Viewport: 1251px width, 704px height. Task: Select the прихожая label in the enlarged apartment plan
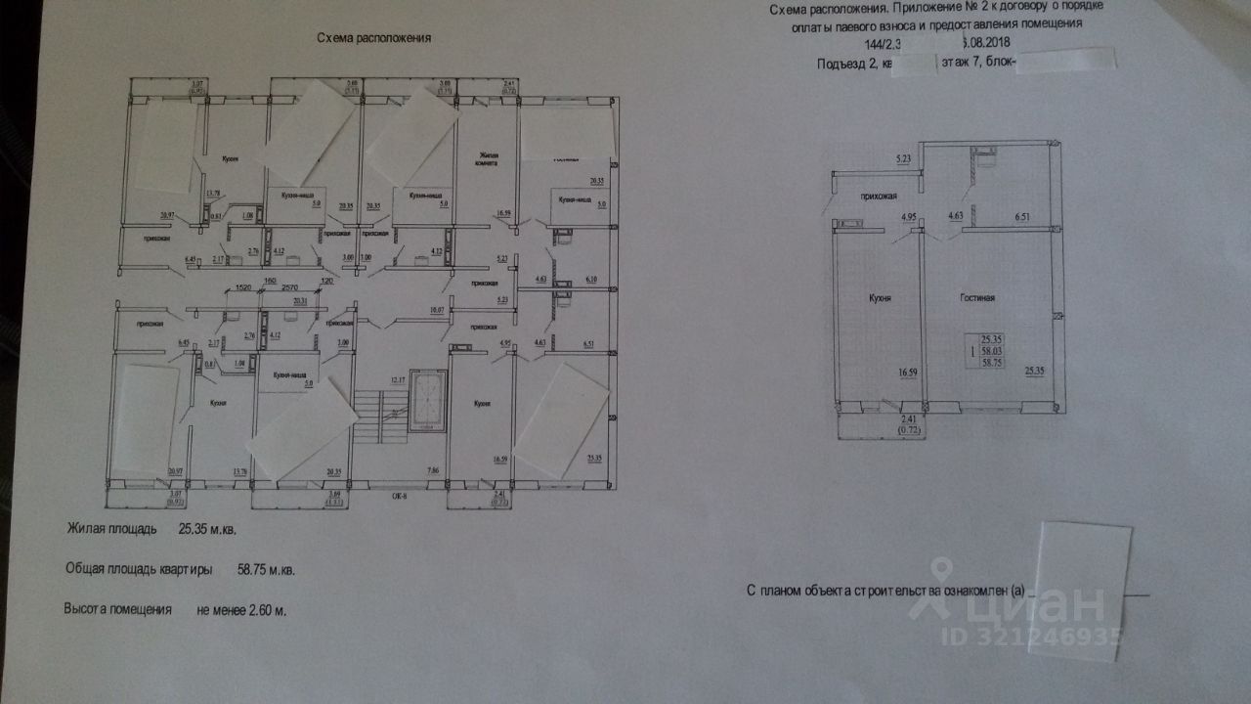coord(879,196)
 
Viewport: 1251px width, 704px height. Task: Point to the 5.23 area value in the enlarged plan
coord(902,158)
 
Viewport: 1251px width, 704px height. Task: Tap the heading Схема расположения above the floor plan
coord(374,38)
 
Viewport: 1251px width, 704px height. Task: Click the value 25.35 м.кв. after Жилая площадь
coord(208,529)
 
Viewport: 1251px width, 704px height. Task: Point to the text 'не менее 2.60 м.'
coord(241,608)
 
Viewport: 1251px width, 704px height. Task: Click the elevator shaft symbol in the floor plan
coord(425,399)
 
